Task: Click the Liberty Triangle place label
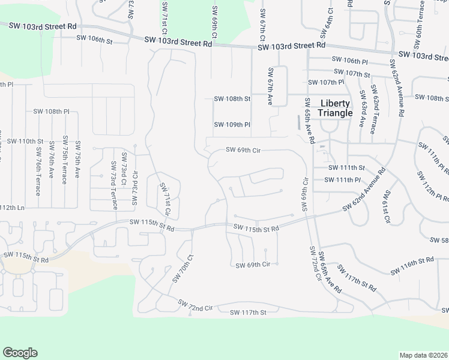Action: [x=335, y=108]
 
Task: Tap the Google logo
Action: [x=20, y=353]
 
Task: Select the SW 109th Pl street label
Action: [x=232, y=125]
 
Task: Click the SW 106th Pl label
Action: [x=349, y=61]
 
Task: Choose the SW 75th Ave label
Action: [x=77, y=163]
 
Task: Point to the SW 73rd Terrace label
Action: [x=114, y=185]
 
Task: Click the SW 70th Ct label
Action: [x=183, y=269]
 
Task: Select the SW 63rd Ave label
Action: [x=362, y=109]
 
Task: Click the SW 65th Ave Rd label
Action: [x=310, y=120]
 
